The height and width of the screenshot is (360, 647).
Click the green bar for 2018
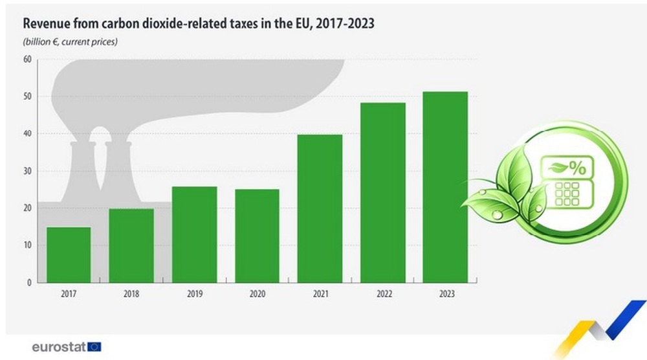pyautogui.click(x=131, y=245)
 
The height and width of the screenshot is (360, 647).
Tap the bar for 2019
pyautogui.click(x=194, y=234)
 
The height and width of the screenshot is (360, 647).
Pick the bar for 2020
pyautogui.click(x=257, y=236)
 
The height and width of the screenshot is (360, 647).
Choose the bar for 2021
pyautogui.click(x=320, y=208)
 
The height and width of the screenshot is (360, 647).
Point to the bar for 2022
pyautogui.click(x=382, y=192)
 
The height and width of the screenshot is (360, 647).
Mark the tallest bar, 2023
pyautogui.click(x=445, y=187)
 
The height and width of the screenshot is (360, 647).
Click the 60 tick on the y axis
pyautogui.click(x=27, y=60)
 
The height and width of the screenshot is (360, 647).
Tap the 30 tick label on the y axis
pyautogui.click(x=27, y=171)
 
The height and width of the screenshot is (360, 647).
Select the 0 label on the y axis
pyautogui.click(x=28, y=283)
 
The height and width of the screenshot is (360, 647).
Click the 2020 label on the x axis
pyautogui.click(x=257, y=293)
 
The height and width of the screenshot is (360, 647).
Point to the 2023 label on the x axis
pyautogui.click(x=445, y=293)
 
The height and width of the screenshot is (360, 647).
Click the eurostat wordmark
pyautogui.click(x=58, y=346)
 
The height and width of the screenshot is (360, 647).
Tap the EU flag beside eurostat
pyautogui.click(x=94, y=346)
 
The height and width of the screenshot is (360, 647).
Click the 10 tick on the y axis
pyautogui.click(x=27, y=245)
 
